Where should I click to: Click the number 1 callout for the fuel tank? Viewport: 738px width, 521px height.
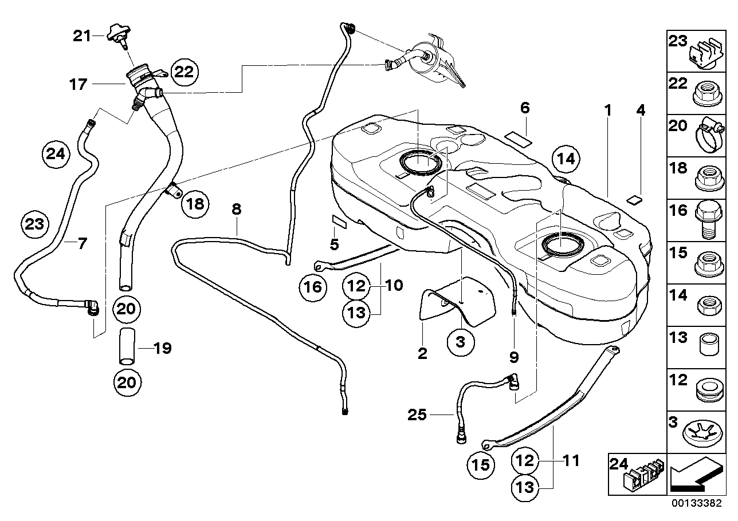coord(609,109)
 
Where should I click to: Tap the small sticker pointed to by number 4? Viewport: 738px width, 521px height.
coord(634,200)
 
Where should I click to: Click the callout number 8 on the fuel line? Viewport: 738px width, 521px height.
coord(236,210)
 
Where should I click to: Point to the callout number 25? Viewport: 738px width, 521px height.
coord(418,414)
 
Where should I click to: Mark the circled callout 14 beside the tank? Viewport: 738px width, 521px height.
coord(565,160)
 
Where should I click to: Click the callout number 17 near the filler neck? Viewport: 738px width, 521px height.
coord(78,85)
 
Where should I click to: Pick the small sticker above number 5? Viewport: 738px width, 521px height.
coord(337,220)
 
